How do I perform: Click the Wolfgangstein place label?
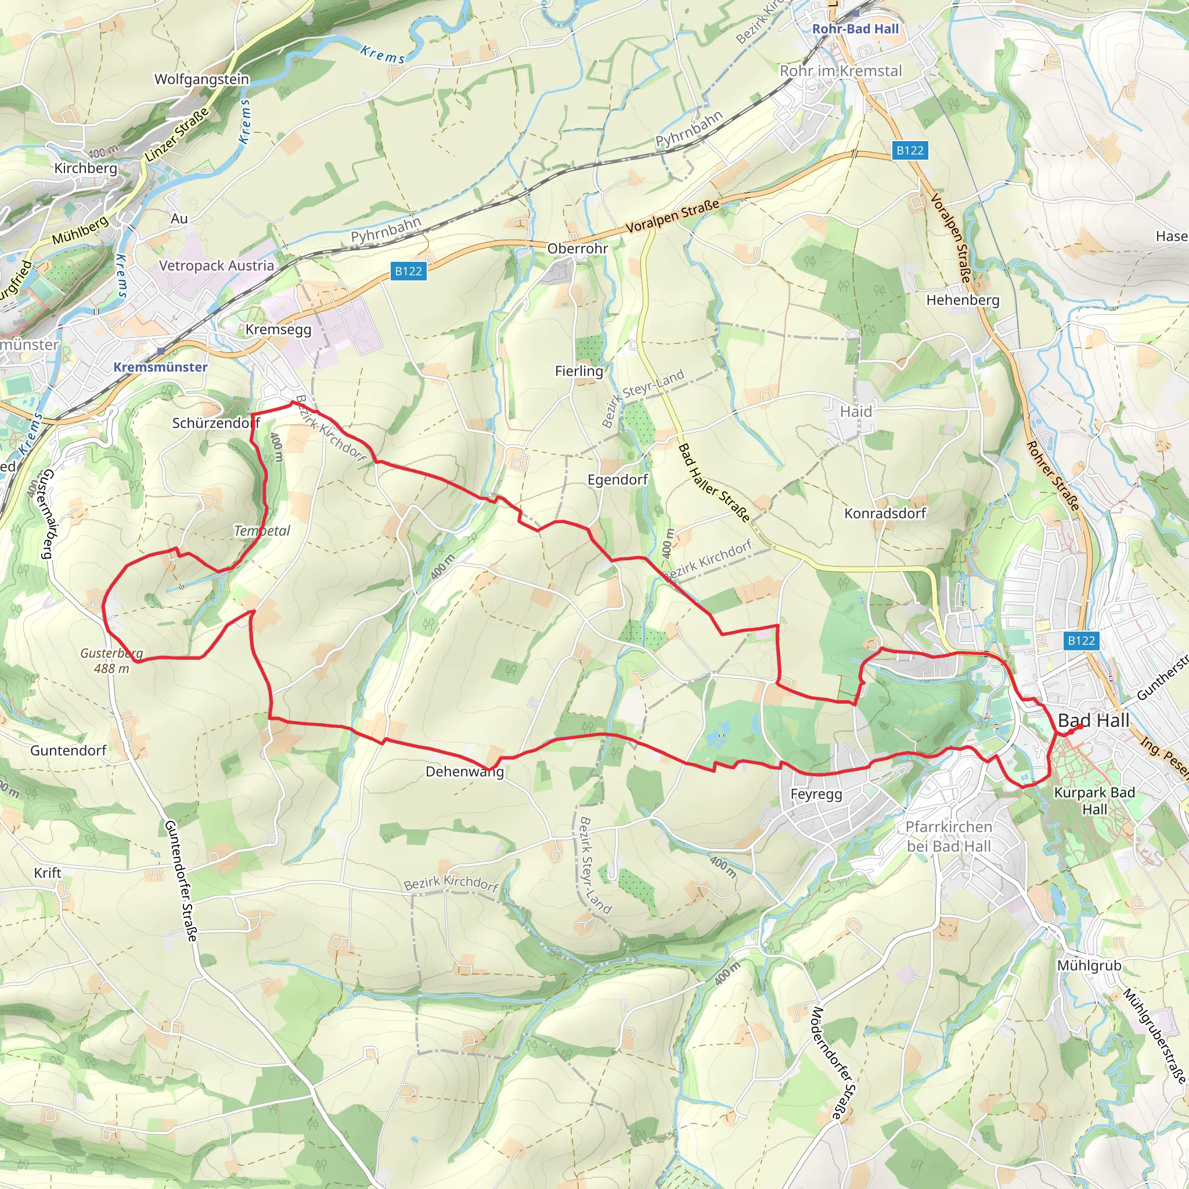[x=201, y=80]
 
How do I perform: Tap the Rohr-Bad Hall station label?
[x=855, y=29]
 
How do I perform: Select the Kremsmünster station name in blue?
[x=160, y=367]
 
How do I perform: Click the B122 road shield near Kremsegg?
[x=408, y=271]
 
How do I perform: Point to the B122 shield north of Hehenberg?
[x=910, y=150]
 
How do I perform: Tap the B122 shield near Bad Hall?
[x=1080, y=641]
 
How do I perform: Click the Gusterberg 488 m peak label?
[x=111, y=660]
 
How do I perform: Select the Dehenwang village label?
[x=464, y=772]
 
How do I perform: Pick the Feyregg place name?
[x=816, y=794]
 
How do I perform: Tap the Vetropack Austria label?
[x=216, y=266]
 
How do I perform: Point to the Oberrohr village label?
[x=577, y=248]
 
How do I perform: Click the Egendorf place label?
[x=617, y=480]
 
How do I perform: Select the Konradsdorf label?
[x=884, y=513]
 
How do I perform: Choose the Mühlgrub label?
[x=1089, y=965]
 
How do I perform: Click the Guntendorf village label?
[x=69, y=750]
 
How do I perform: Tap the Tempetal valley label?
[x=262, y=531]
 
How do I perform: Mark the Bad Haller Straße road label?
[x=714, y=483]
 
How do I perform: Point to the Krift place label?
[x=48, y=873]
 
